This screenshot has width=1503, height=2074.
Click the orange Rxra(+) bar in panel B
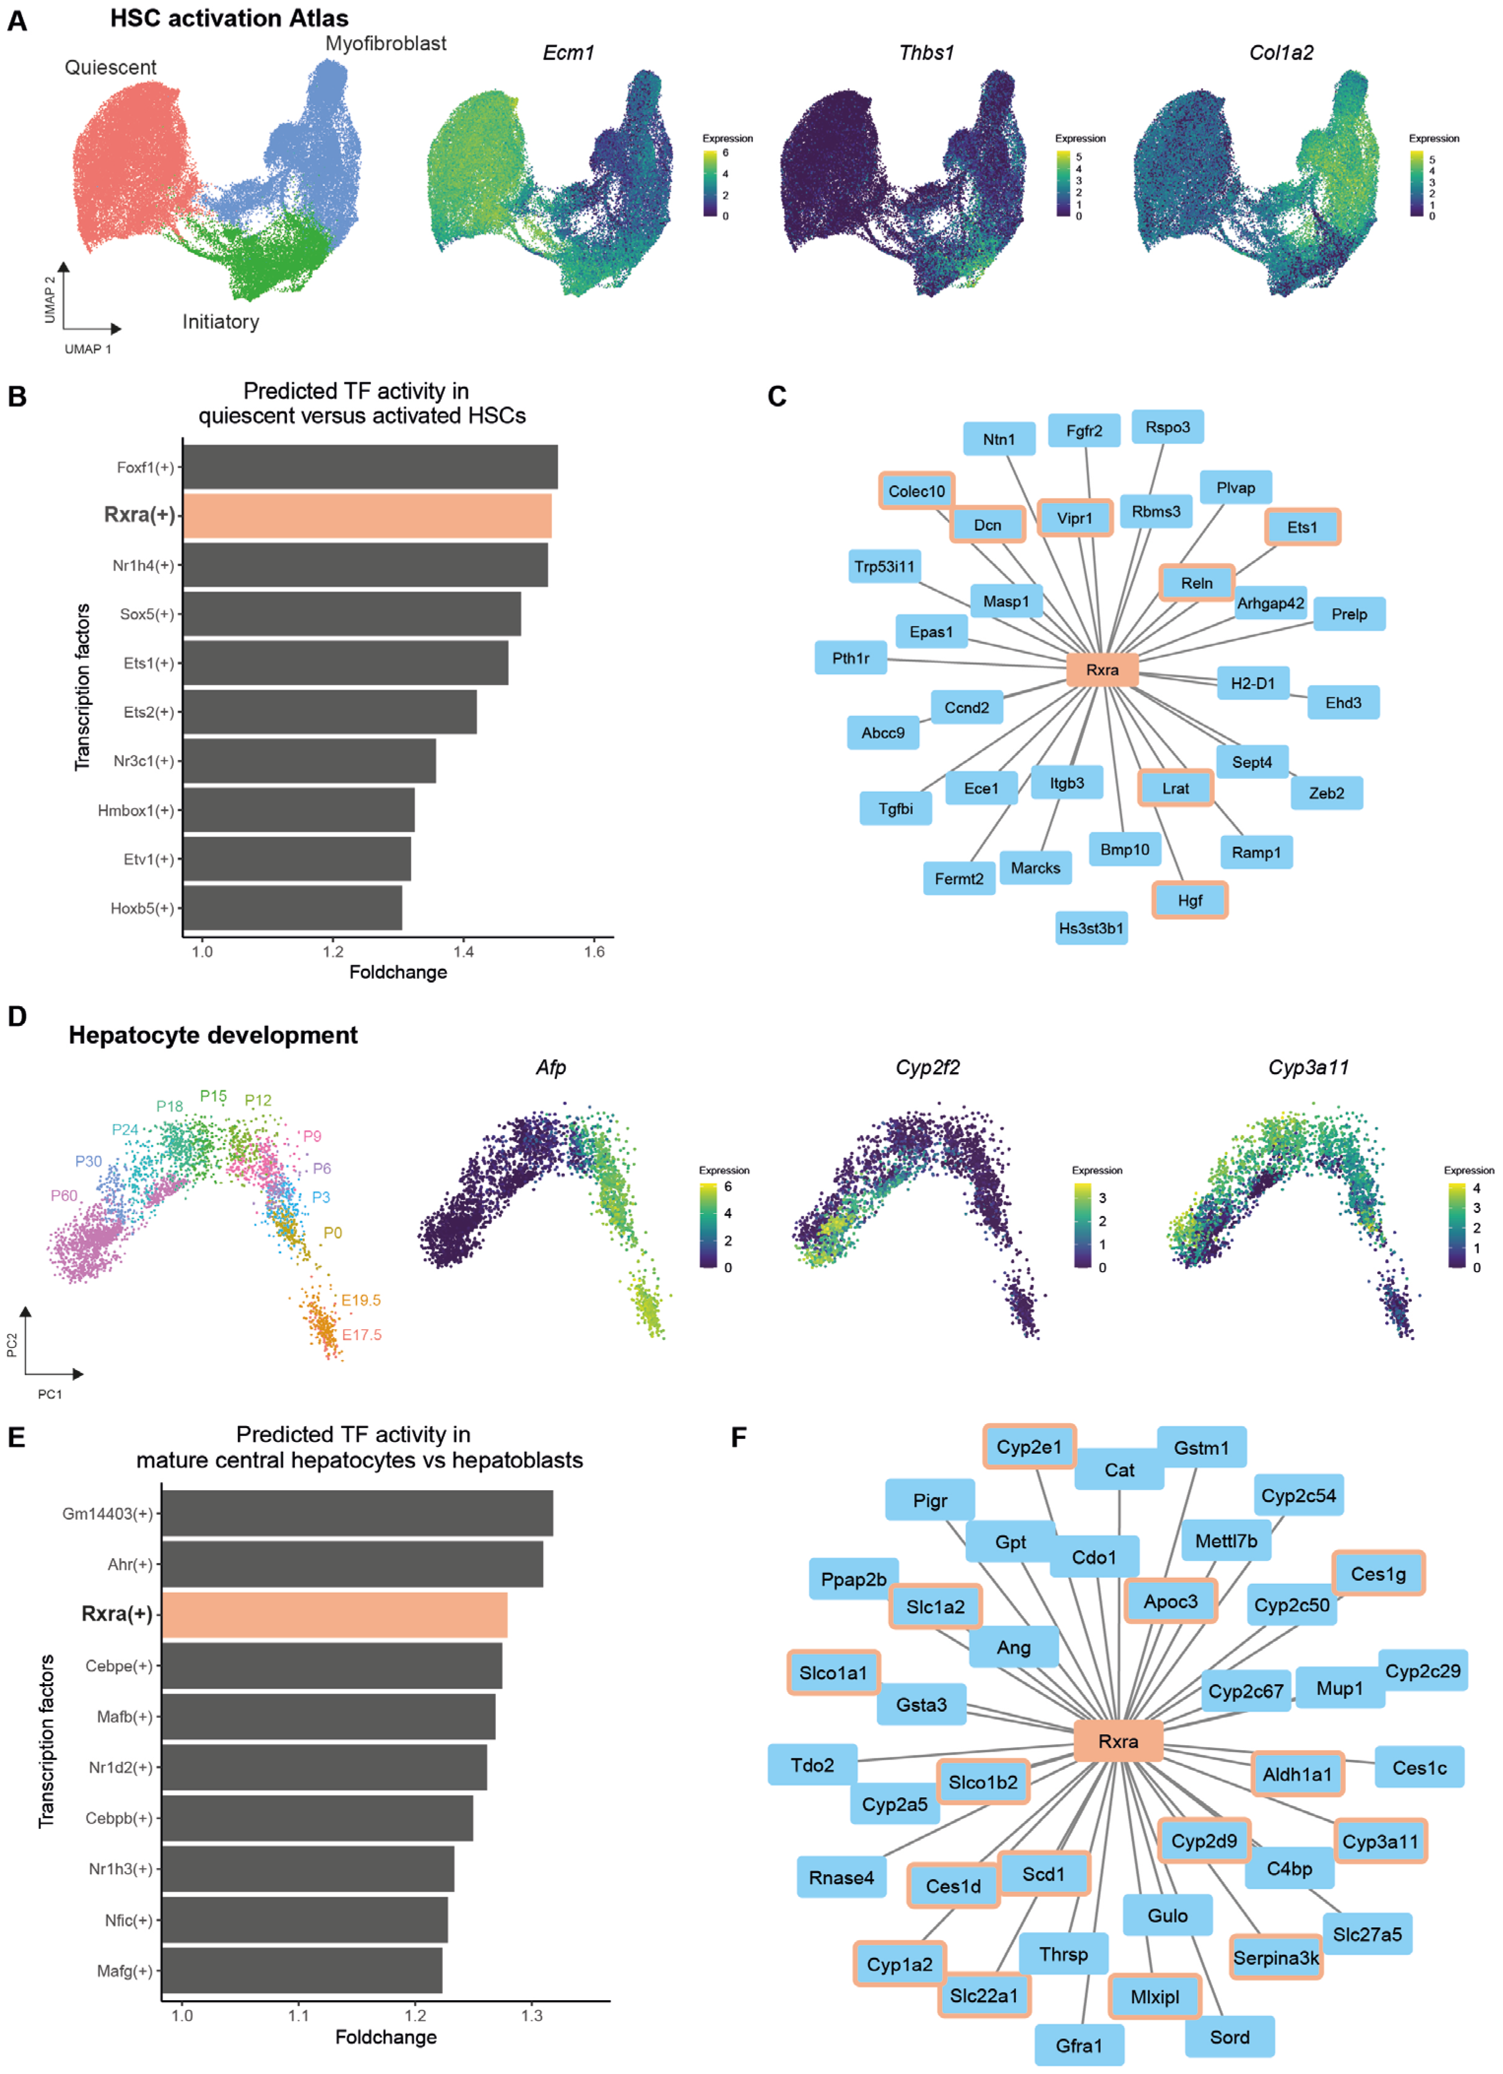coord(367,516)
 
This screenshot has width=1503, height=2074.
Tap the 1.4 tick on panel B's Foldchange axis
coord(464,951)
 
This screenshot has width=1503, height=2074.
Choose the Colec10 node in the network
coord(916,491)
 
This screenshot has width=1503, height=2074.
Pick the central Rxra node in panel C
coord(1102,670)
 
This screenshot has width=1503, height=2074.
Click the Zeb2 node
coord(1326,793)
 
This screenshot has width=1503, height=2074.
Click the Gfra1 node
coord(1079,2045)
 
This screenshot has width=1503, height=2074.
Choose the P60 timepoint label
coord(64,1195)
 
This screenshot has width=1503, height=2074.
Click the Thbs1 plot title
coord(926,53)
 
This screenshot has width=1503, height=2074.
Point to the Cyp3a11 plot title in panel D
coord(1308,1067)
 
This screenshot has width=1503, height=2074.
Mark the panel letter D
coord(16,1017)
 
